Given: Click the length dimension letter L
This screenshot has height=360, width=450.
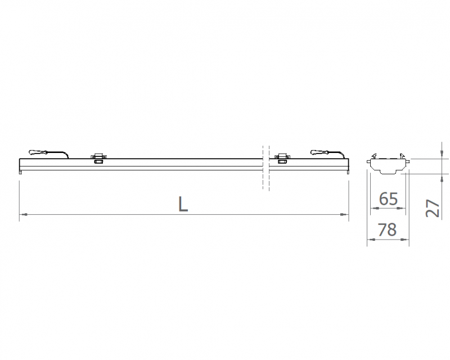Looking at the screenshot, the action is tap(183, 204).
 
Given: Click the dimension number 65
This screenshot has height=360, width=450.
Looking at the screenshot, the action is tap(388, 199).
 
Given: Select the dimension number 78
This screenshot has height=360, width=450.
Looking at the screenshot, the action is tap(387, 229).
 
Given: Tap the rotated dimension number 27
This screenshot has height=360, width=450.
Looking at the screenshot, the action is tap(433, 208).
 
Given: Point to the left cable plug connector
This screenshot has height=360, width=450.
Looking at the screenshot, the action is tap(38, 152).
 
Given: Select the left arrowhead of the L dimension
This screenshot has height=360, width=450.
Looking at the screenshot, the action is tap(24, 214).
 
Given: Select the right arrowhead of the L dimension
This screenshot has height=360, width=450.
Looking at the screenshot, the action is tap(344, 214).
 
